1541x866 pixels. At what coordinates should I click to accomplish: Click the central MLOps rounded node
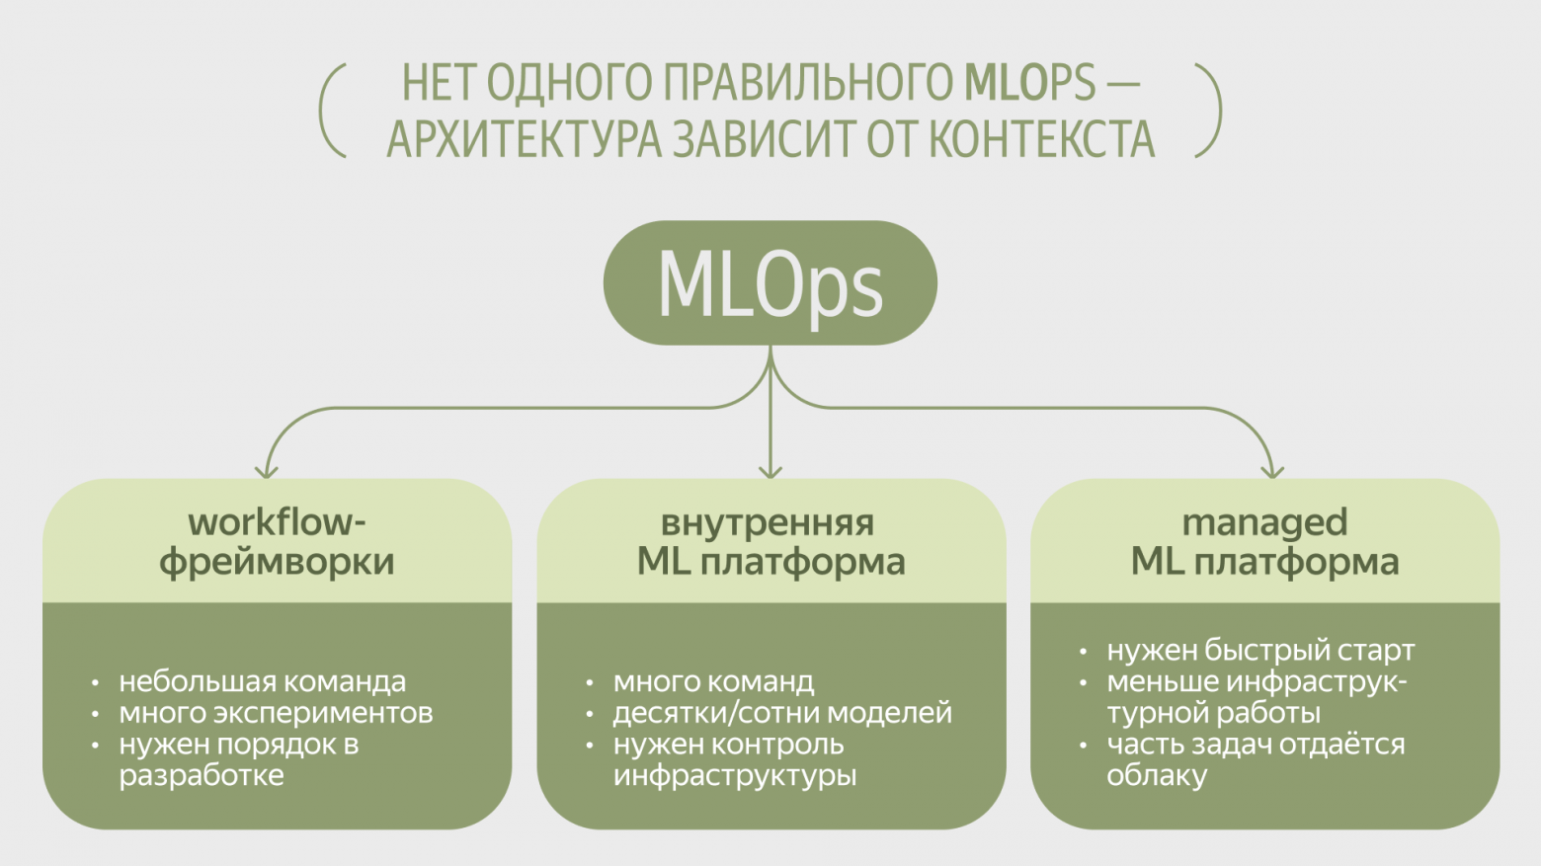click(770, 283)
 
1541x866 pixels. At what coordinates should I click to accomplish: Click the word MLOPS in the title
click(1029, 83)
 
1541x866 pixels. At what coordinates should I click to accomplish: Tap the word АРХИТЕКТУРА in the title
click(524, 139)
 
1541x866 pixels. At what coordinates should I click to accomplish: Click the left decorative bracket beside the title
click(332, 111)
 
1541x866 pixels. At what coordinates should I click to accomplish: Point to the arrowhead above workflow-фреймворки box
click(266, 471)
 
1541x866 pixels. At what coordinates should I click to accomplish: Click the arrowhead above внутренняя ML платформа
click(770, 471)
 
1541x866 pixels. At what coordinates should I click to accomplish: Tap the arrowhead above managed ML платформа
click(1273, 471)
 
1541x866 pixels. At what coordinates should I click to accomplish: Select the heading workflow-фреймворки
click(277, 541)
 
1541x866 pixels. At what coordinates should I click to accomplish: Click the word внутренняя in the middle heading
click(768, 522)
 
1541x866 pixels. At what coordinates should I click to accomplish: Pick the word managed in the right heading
click(1264, 522)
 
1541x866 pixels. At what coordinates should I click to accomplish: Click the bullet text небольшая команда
click(262, 681)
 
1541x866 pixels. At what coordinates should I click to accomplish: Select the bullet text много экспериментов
click(276, 713)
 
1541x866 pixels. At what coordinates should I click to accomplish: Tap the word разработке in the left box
click(202, 776)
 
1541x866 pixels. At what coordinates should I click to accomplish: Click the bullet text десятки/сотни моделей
click(782, 713)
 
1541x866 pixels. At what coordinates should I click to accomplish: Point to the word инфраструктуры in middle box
click(734, 776)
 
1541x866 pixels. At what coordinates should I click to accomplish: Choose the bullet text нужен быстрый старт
click(1260, 651)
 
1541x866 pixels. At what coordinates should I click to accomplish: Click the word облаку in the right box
click(1157, 776)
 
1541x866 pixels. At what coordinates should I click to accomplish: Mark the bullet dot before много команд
click(590, 682)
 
